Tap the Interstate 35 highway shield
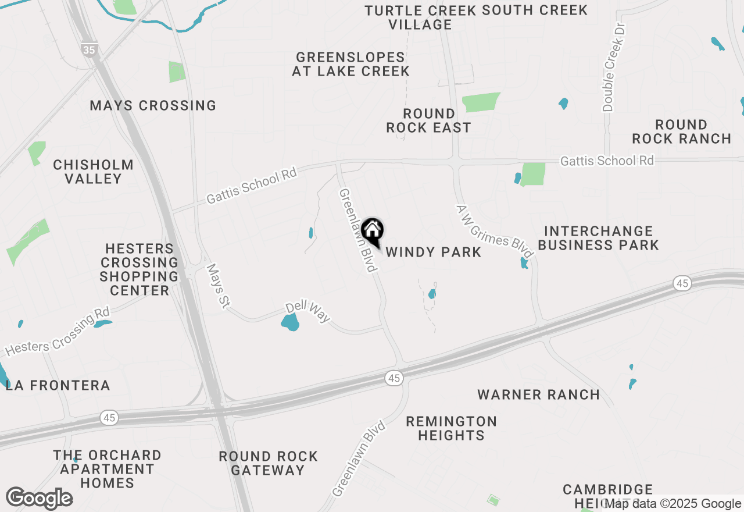89,50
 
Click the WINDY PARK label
434,252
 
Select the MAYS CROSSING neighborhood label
153,105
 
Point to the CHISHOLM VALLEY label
94,172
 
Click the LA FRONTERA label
58,385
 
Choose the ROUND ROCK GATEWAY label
269,463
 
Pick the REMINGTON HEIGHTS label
451,428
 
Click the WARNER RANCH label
539,394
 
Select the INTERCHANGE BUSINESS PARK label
598,238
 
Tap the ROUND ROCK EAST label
429,120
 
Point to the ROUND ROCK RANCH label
682,131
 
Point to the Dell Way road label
307,312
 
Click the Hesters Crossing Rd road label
57,333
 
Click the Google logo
39,498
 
